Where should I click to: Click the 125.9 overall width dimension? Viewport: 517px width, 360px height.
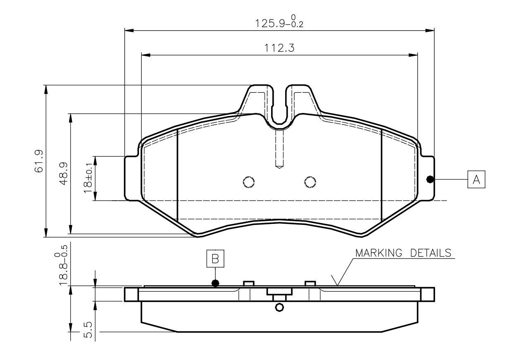[279, 22]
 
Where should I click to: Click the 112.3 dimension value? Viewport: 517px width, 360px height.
[279, 48]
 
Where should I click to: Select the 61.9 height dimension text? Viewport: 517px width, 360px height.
[39, 161]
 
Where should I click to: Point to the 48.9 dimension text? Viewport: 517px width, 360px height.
[63, 173]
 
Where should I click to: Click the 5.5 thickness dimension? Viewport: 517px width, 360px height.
[88, 330]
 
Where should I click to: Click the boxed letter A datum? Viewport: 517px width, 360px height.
[476, 179]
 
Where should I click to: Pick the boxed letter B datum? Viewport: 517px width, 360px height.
[215, 259]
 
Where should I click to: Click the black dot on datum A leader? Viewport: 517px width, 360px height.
[430, 179]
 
